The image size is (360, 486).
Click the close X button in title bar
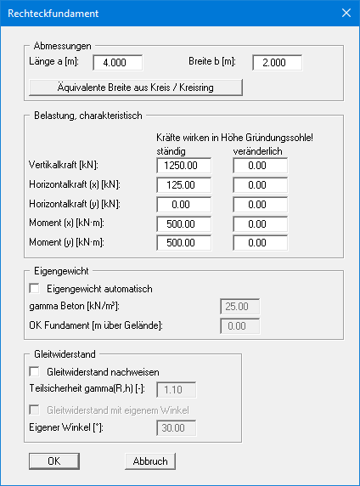click(345, 14)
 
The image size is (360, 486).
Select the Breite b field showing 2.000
click(277, 63)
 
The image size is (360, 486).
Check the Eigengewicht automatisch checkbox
click(35, 289)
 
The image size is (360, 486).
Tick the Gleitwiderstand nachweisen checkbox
click(35, 371)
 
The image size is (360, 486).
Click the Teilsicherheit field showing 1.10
click(177, 390)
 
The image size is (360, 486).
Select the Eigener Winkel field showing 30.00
click(177, 428)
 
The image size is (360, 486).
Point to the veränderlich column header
click(257, 150)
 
